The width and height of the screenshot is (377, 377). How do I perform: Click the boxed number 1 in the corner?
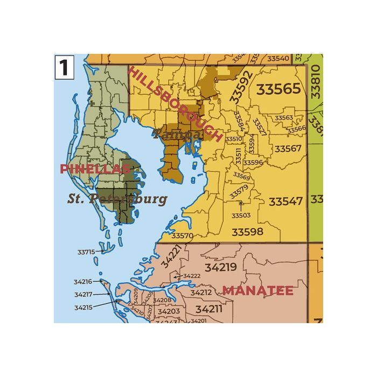point(64,68)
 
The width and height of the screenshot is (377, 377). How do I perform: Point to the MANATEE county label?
point(258,290)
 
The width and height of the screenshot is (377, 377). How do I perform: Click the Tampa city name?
point(177,135)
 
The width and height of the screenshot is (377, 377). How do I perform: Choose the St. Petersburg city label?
point(117,199)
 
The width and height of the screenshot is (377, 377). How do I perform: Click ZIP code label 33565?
point(278,89)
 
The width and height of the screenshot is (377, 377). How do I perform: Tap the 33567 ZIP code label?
point(288,148)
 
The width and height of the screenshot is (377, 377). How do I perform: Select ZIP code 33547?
point(286,201)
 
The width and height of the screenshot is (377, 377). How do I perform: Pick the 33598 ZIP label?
point(247,232)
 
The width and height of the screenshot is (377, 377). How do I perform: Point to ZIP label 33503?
point(241,215)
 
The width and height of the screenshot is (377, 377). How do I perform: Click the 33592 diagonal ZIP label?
point(240,87)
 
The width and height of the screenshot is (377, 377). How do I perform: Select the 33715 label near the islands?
point(86,252)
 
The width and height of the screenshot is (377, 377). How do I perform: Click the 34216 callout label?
point(83,281)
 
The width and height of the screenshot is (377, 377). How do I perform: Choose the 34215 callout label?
point(83,308)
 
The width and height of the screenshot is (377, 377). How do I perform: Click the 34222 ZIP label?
point(192,276)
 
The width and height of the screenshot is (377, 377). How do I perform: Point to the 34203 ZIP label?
point(169,311)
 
